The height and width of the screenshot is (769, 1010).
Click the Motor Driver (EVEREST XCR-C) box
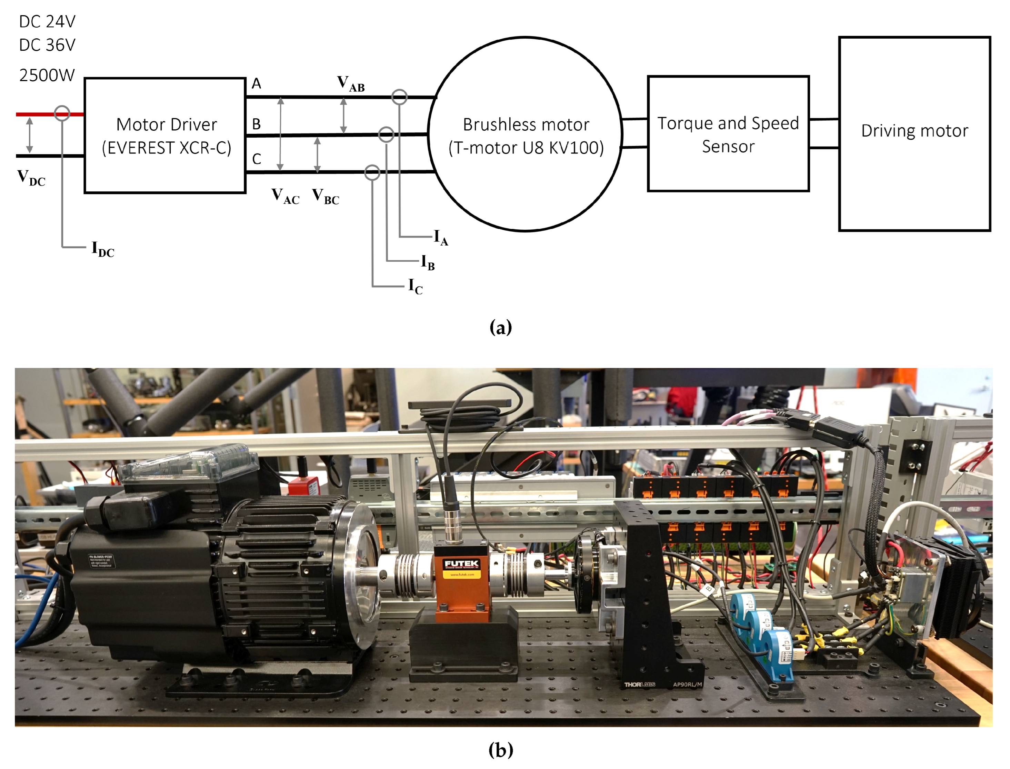(x=165, y=136)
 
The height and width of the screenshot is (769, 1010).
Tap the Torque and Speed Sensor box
(x=728, y=134)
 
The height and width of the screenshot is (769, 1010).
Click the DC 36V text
(x=47, y=45)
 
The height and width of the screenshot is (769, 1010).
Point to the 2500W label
(x=47, y=75)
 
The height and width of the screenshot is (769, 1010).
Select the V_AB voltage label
(x=351, y=83)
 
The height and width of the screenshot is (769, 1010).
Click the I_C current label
(x=415, y=287)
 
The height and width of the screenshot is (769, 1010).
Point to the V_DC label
(x=31, y=177)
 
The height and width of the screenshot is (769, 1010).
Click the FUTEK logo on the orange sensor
(x=461, y=563)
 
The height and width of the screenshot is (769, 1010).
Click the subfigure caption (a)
(x=500, y=327)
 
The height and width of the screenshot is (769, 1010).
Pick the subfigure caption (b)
(x=500, y=750)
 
